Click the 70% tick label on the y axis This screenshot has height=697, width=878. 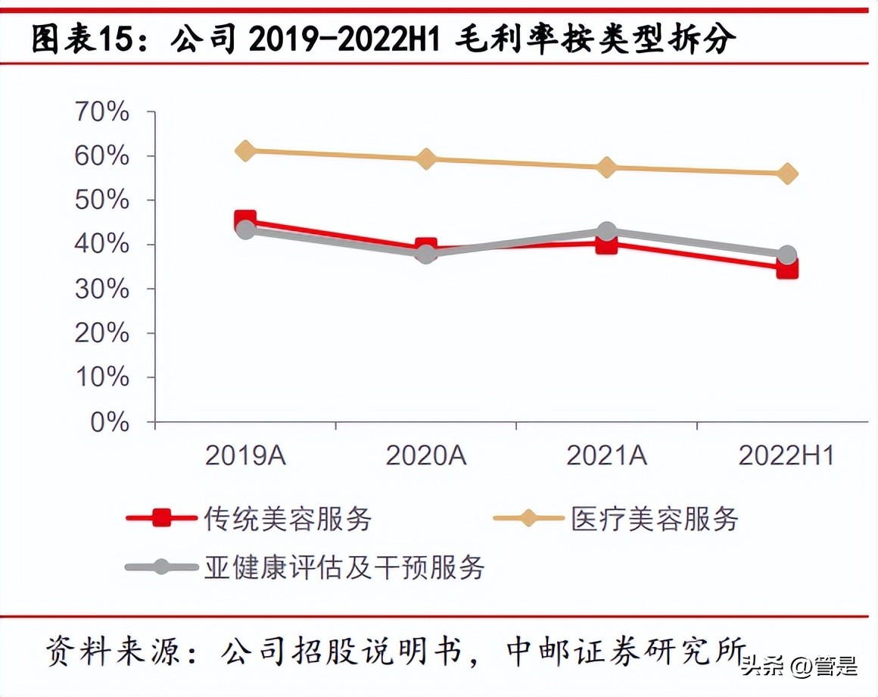[101, 112]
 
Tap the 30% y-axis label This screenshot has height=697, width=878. [101, 289]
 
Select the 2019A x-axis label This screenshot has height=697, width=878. [244, 455]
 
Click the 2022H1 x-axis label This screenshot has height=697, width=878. [786, 455]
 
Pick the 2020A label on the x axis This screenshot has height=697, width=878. [426, 455]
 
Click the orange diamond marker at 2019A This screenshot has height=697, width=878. [244, 150]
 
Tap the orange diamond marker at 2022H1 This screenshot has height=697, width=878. [787, 173]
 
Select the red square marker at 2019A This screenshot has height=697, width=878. [244, 221]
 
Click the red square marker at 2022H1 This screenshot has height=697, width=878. [787, 268]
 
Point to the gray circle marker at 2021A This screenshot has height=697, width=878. [606, 231]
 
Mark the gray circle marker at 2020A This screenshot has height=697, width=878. [426, 253]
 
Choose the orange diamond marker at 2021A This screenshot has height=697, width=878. [606, 167]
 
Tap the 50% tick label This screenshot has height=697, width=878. [101, 201]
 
